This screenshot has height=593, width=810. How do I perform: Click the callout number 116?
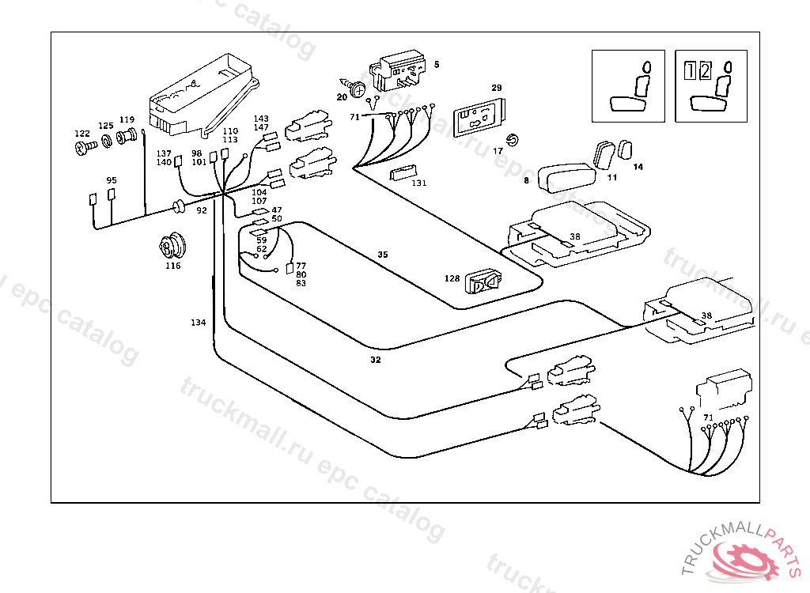click(x=172, y=266)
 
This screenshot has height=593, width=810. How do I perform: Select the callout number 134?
click(x=198, y=323)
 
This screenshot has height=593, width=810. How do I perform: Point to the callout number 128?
click(x=452, y=278)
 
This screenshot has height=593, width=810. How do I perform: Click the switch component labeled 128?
click(x=483, y=282)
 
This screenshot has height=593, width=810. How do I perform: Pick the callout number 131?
click(x=419, y=183)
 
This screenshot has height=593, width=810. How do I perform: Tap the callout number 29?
click(x=497, y=88)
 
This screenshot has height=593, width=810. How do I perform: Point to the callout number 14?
click(x=638, y=167)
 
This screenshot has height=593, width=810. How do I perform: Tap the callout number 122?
click(x=82, y=134)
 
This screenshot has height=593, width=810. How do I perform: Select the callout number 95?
click(x=112, y=180)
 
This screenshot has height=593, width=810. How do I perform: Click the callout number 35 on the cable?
click(x=383, y=255)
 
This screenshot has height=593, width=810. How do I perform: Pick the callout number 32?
click(x=375, y=360)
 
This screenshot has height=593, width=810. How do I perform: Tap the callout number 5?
click(x=437, y=63)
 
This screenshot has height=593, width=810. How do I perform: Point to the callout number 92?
click(x=202, y=211)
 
